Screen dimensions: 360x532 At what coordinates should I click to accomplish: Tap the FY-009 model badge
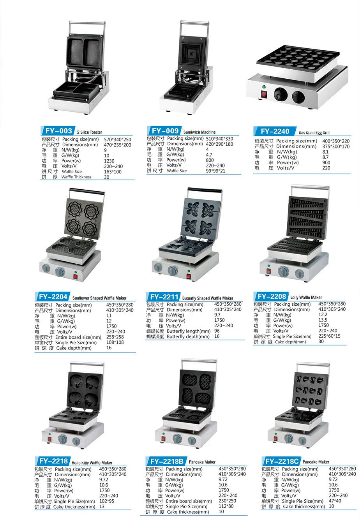[x=165, y=131]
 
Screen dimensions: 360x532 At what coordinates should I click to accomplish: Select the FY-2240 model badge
[x=275, y=132]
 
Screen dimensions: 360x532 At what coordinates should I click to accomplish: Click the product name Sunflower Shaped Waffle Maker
[x=99, y=298]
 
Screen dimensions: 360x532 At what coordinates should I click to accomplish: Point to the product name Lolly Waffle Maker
[x=306, y=297]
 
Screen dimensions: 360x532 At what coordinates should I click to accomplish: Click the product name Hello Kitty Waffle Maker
[x=92, y=463]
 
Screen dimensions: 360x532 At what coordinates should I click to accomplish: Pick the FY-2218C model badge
[x=282, y=462]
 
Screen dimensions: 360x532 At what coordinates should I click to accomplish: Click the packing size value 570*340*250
[x=117, y=139]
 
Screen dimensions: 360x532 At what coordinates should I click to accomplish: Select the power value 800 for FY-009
[x=210, y=160]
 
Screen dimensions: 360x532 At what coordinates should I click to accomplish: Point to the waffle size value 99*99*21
[x=215, y=171]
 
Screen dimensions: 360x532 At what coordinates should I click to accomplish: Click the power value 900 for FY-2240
[x=326, y=163]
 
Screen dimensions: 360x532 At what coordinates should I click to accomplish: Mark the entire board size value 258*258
[x=115, y=337]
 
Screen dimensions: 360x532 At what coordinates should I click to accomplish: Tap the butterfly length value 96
[x=217, y=331]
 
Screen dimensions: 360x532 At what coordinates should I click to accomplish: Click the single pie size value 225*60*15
[x=329, y=336]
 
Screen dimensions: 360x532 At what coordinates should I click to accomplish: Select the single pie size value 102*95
[x=107, y=501]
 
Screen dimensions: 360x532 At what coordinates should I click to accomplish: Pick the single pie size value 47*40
[x=335, y=501]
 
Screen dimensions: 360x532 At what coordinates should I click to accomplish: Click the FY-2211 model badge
[x=164, y=297]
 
